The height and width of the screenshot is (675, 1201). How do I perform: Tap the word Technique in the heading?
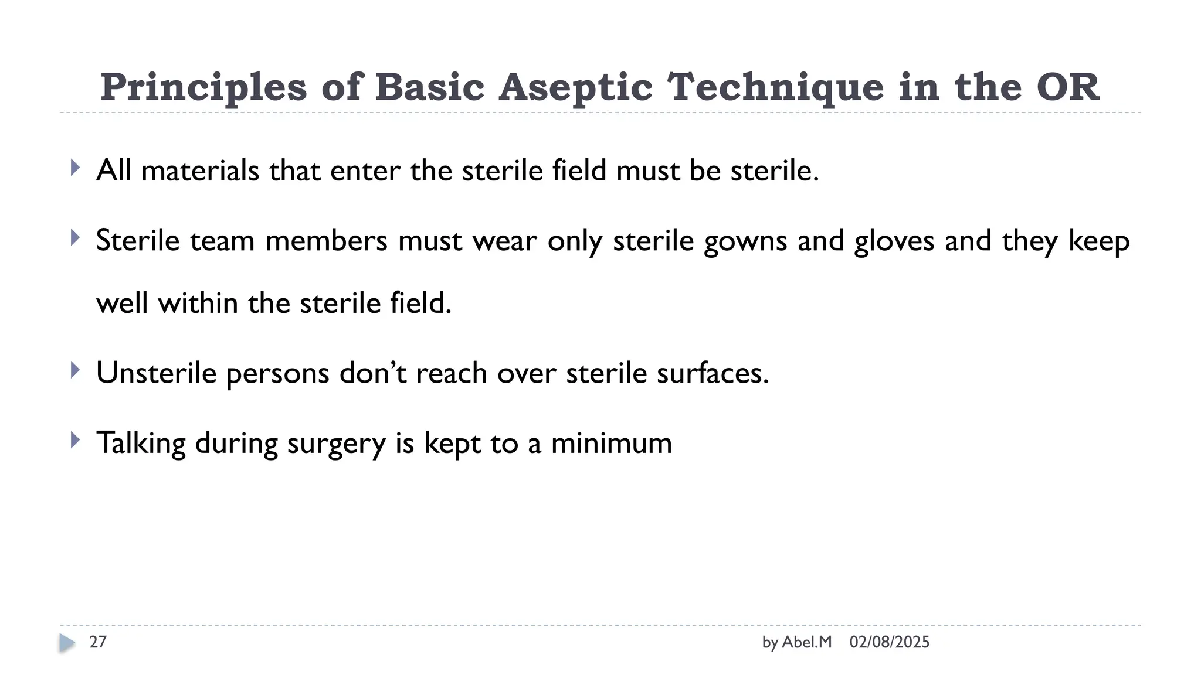[775, 87]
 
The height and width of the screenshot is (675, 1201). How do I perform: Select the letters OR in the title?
[1067, 87]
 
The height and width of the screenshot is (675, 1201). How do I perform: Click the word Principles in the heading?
[203, 87]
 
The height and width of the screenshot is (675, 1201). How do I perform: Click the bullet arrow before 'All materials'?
[74, 168]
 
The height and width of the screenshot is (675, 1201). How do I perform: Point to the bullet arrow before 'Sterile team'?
[74, 238]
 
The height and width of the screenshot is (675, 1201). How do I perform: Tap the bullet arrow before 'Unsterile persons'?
[74, 370]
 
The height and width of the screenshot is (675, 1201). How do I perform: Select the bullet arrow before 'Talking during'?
[74, 440]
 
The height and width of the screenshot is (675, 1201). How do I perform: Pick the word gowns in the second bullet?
[745, 241]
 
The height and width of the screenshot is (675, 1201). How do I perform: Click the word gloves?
[894, 241]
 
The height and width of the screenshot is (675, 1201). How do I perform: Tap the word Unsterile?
[156, 373]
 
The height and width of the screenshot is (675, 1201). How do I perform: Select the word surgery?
[336, 444]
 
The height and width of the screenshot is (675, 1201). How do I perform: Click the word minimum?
[611, 444]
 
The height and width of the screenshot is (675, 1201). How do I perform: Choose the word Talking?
[141, 444]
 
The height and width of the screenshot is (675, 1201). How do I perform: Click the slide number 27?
[98, 642]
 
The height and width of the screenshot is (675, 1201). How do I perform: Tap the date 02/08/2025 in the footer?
[889, 642]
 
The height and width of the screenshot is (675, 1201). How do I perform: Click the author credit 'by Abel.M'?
[796, 642]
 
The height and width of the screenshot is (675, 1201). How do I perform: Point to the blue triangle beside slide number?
[67, 643]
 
